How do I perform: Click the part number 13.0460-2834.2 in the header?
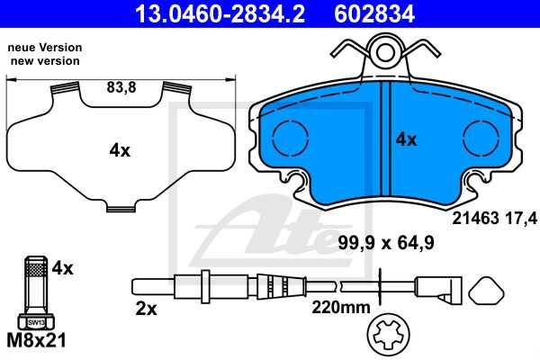(220, 13)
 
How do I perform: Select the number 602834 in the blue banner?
(374, 13)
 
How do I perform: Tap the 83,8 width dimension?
(121, 87)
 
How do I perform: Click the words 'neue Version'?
(45, 47)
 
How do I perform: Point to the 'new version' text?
(45, 61)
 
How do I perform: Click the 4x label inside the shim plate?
(120, 150)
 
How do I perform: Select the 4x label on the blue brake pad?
(406, 139)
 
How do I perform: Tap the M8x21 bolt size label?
(36, 341)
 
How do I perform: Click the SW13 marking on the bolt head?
(36, 323)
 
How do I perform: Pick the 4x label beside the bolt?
(62, 268)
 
